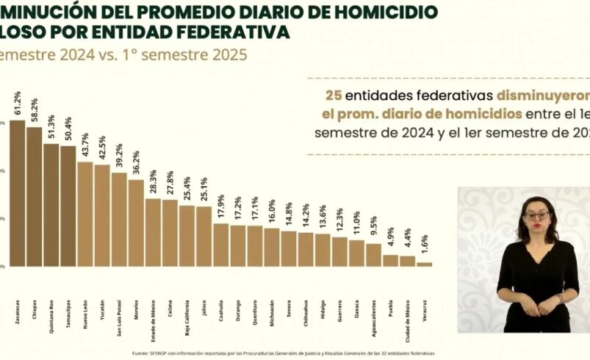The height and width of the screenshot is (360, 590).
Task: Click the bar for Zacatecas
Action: pyautogui.click(x=17, y=193)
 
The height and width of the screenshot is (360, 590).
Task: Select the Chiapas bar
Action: pyautogui.click(x=34, y=197)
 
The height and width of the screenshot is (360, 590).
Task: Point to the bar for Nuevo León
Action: pyautogui.click(x=85, y=214)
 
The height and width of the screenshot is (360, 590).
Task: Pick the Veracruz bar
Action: pyautogui.click(x=425, y=264)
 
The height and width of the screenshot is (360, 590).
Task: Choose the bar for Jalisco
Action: pyautogui.click(x=204, y=236)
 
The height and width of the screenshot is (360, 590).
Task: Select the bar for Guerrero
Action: pyautogui.click(x=339, y=251)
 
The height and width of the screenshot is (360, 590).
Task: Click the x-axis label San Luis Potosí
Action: pyautogui.click(x=119, y=318)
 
